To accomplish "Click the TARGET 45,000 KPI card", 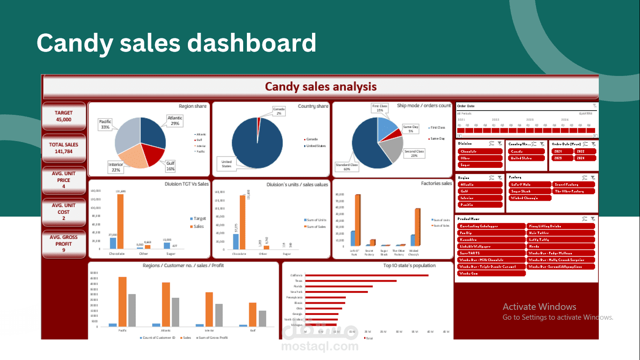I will [x=64, y=116].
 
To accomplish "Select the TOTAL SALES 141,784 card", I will [x=64, y=148].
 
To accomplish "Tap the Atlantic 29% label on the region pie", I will [x=175, y=121].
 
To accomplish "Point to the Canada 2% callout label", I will [x=279, y=111].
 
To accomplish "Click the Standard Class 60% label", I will [x=346, y=167].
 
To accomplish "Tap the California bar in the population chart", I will [x=366, y=275].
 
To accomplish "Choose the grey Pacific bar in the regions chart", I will [x=132, y=310].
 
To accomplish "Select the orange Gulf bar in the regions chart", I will [x=253, y=315].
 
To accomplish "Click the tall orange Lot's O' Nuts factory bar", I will [x=357, y=220].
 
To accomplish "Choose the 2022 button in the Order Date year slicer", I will [x=585, y=151].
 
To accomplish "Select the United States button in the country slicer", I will [x=526, y=158].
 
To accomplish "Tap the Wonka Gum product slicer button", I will [x=490, y=273].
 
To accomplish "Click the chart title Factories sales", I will [x=436, y=183].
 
